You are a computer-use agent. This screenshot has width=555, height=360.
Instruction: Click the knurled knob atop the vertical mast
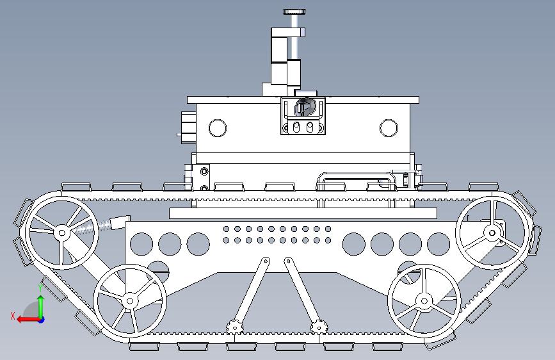[295, 11]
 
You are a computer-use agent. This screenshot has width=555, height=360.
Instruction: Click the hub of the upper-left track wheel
[62, 233]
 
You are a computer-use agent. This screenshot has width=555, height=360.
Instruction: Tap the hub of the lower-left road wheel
[130, 299]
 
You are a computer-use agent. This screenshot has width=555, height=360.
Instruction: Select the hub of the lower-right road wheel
[423, 300]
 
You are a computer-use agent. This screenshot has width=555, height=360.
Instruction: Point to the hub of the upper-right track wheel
[492, 232]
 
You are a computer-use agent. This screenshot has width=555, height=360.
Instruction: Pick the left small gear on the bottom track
[235, 327]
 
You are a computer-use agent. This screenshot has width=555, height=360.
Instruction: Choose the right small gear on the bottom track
[318, 327]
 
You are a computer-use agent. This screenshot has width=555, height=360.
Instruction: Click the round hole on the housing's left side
[218, 127]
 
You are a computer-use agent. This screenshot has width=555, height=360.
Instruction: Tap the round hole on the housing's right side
[389, 127]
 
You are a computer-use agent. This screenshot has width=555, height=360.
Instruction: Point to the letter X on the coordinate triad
[13, 315]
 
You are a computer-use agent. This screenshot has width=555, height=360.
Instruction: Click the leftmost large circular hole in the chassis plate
[141, 243]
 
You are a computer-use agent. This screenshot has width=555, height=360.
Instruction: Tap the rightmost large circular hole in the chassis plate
[438, 243]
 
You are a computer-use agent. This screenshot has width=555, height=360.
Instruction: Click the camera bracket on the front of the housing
[303, 115]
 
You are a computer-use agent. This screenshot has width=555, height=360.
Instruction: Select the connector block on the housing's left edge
[188, 125]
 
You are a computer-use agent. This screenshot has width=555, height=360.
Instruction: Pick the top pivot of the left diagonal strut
[265, 261]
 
